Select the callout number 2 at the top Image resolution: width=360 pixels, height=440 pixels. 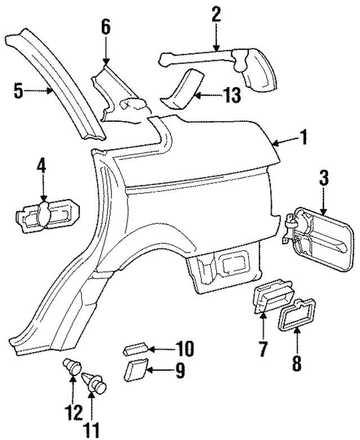215,14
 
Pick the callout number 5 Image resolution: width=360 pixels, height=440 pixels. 19,91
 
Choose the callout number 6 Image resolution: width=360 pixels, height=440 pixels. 106,27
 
